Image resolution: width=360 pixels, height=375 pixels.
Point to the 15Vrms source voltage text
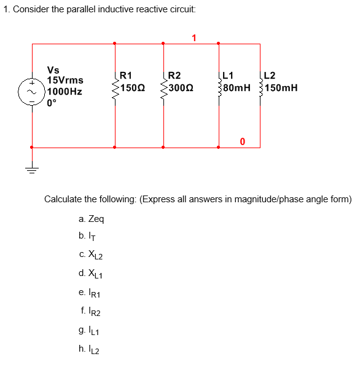tap(65, 81)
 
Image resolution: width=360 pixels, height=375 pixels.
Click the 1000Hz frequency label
tap(64, 91)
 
